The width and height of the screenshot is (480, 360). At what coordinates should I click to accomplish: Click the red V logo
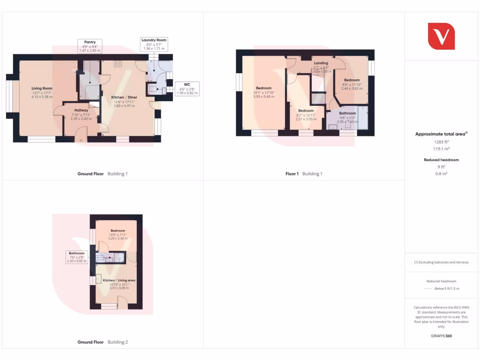point(441,36)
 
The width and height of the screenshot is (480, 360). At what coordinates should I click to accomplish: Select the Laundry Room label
point(154,40)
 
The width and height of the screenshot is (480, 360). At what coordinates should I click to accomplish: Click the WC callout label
point(187,85)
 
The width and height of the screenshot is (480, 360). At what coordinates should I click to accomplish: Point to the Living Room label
point(42,88)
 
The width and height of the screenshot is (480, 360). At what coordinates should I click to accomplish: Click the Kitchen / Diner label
point(124,97)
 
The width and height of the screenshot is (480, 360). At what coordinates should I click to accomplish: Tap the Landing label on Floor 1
point(321,63)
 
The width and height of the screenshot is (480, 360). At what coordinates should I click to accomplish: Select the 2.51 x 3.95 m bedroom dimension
point(306,119)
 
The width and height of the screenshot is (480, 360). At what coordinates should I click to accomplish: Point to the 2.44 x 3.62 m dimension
point(352,88)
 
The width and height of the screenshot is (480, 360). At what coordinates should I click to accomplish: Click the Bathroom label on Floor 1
point(347,113)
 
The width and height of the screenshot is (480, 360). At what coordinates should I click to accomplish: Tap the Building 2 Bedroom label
point(118,231)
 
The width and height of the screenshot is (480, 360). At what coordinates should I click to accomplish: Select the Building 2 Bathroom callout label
point(77,253)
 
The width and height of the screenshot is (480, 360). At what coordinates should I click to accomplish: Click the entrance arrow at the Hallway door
point(81,140)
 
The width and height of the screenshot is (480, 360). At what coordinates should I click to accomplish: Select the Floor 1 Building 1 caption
point(304,174)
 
